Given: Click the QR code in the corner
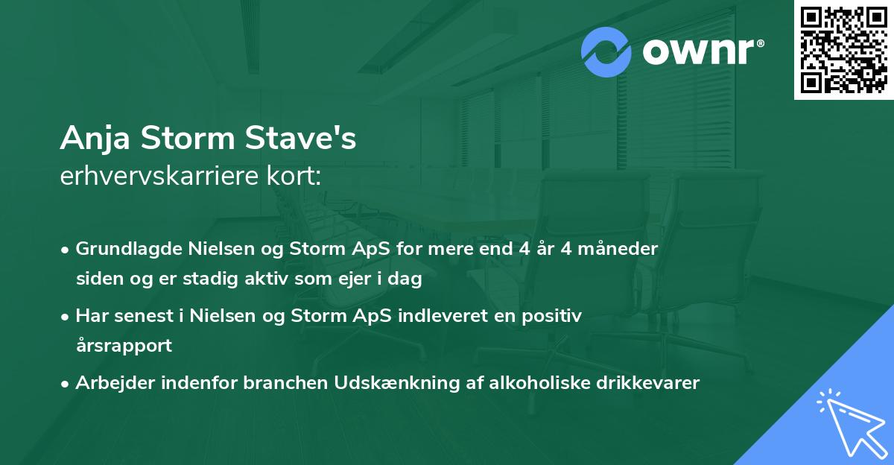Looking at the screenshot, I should click(843, 49).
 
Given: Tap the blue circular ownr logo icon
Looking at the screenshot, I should click(606, 51).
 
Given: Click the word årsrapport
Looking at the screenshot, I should click(124, 346).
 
